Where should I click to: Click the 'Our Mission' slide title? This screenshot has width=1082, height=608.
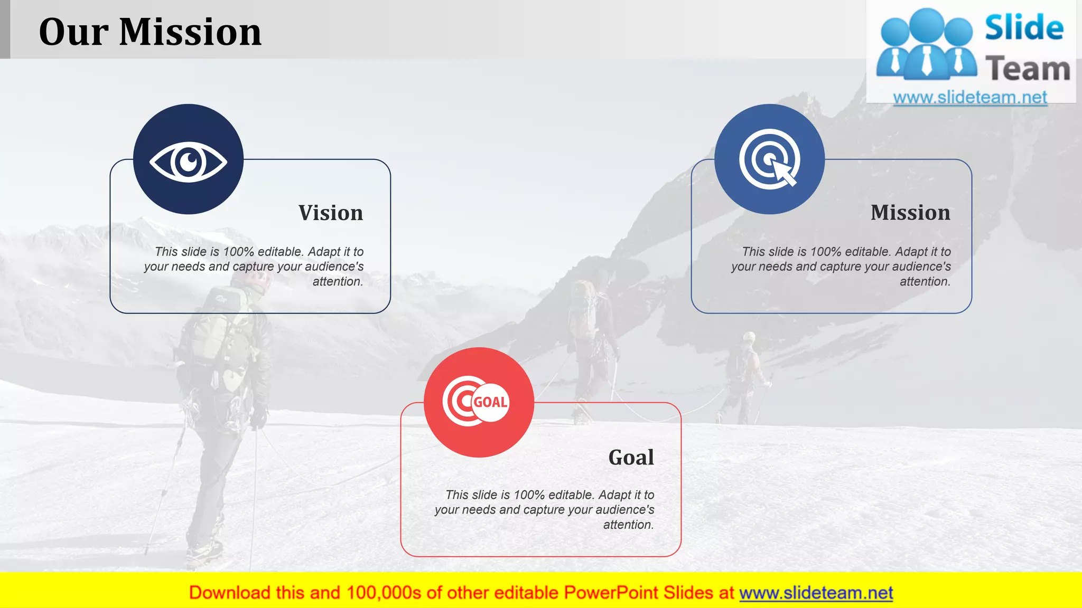[150, 32]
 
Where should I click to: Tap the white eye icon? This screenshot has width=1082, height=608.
[188, 161]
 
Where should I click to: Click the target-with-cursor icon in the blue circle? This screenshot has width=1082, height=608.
[770, 159]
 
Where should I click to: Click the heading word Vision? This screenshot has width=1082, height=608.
[331, 213]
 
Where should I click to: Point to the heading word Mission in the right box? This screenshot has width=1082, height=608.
[910, 213]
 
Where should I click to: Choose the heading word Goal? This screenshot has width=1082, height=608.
[631, 457]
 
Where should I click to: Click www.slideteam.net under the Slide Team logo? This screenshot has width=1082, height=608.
[969, 97]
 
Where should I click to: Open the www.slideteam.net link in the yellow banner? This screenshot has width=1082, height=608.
[816, 593]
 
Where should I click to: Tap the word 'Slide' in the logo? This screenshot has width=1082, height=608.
[1023, 27]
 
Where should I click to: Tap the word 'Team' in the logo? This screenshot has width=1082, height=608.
[1027, 69]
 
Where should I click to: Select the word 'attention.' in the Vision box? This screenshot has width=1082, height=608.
[338, 282]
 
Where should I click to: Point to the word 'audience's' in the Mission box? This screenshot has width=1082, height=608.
[921, 267]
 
